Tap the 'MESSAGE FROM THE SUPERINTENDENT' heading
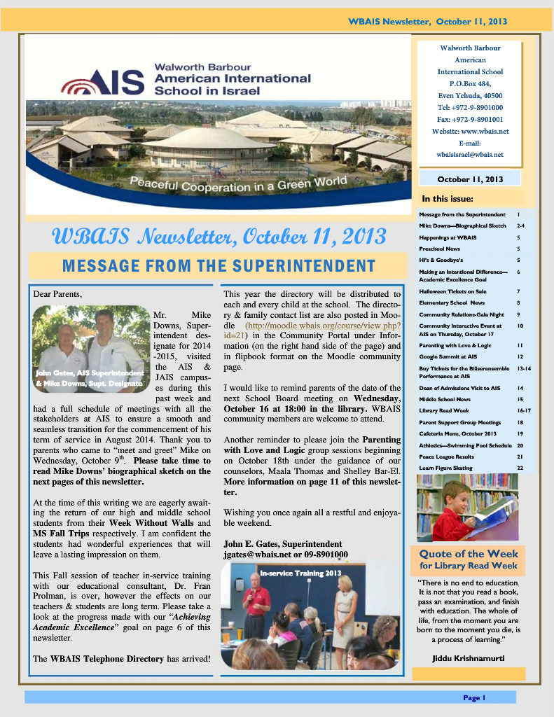point(219,265)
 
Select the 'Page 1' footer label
point(473,697)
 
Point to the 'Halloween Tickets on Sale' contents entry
point(452,291)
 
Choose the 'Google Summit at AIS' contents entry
point(448,356)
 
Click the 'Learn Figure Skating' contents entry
point(445,468)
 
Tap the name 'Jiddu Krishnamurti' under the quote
point(469,658)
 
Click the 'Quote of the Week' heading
point(468,554)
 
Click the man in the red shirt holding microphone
point(256,603)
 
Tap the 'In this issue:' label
point(448,198)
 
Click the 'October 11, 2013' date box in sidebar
point(470,179)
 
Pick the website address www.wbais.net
point(470,131)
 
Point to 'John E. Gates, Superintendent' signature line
point(282,543)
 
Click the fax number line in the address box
point(470,119)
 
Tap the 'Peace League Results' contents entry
point(446,457)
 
